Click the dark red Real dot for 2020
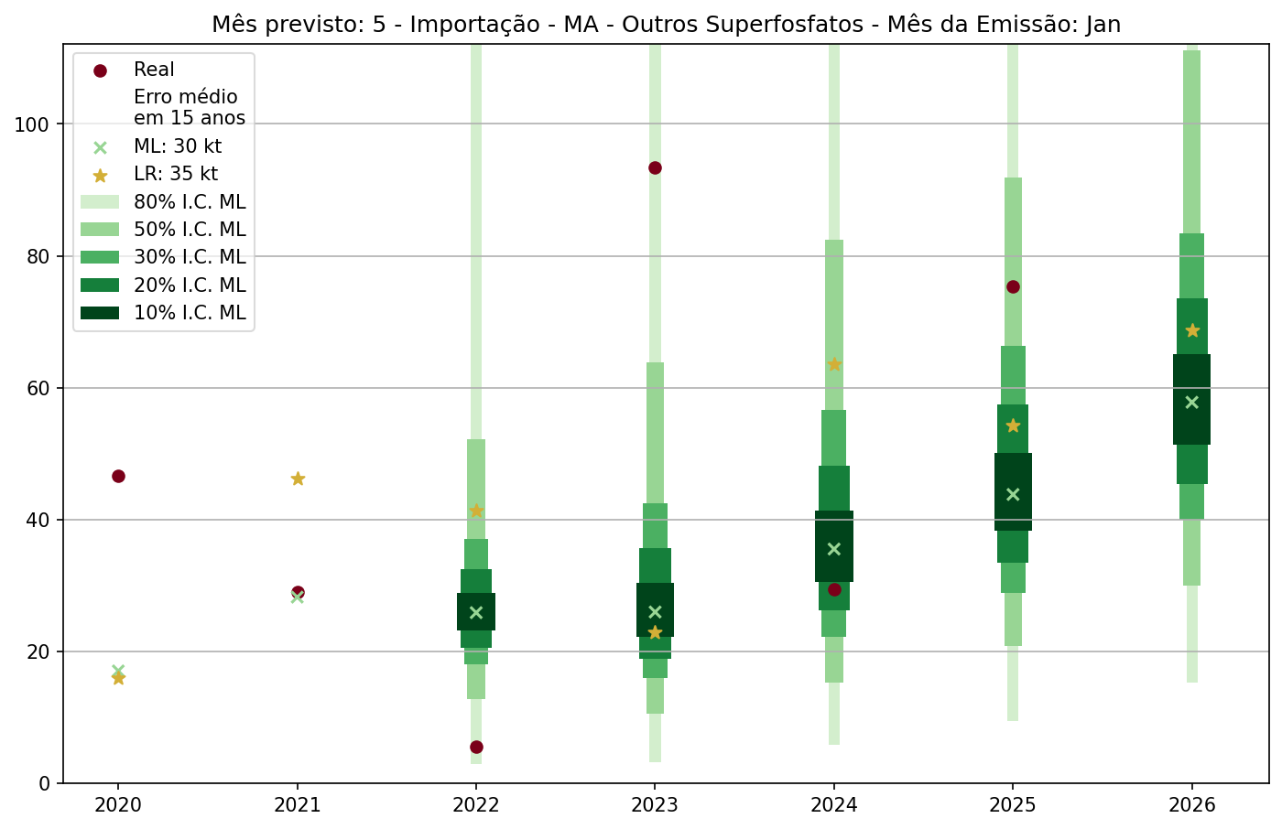click(x=118, y=476)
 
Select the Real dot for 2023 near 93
click(x=655, y=167)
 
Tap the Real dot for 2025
click(x=1013, y=286)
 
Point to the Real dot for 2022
click(x=476, y=747)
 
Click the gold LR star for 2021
click(x=298, y=479)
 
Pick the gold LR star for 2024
click(x=834, y=364)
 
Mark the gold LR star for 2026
click(x=1192, y=330)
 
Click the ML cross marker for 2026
click(x=1191, y=403)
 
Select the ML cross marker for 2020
click(x=118, y=671)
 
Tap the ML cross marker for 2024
click(x=834, y=549)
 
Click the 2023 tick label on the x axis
click(x=655, y=805)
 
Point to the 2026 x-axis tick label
click(x=1191, y=805)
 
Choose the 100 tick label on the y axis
click(x=32, y=124)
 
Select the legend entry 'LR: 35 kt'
click(x=176, y=174)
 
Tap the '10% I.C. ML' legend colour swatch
click(x=100, y=313)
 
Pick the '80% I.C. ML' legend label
click(x=190, y=202)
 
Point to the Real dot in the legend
click(x=100, y=70)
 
